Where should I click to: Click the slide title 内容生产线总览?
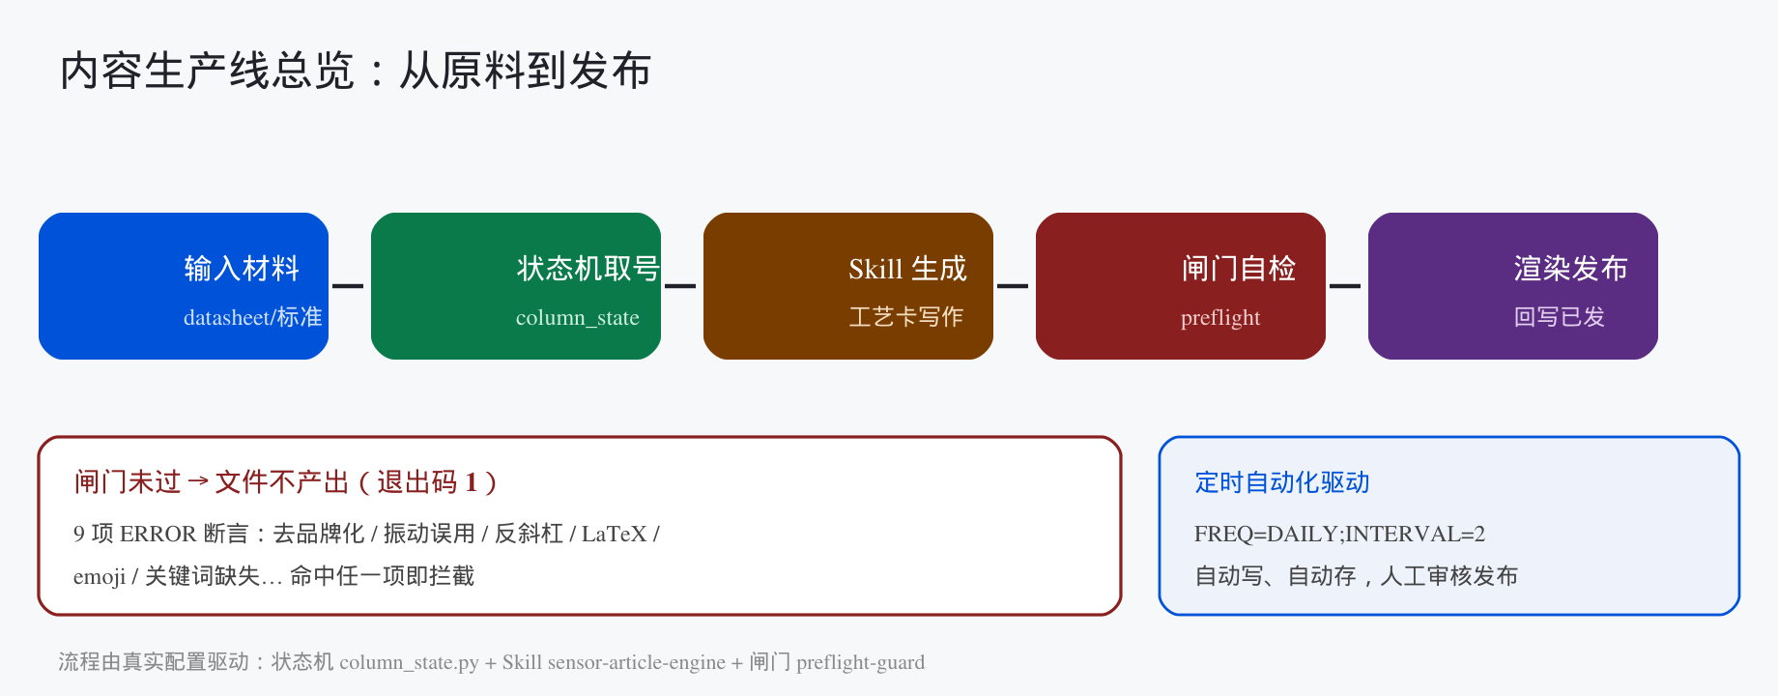pyautogui.click(x=207, y=71)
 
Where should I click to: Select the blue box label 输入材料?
pyautogui.click(x=242, y=268)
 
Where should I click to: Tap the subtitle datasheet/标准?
pyautogui.click(x=253, y=317)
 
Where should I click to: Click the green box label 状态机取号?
pyautogui.click(x=588, y=268)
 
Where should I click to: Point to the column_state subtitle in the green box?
pyautogui.click(x=578, y=317)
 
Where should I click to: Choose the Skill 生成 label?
pyautogui.click(x=907, y=268)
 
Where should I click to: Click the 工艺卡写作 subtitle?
pyautogui.click(x=906, y=317)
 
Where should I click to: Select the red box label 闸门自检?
pyautogui.click(x=1239, y=268)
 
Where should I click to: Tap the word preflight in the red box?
pyautogui.click(x=1220, y=317)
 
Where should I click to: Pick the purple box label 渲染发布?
pyautogui.click(x=1571, y=268)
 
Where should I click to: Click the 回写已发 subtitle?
pyautogui.click(x=1560, y=317)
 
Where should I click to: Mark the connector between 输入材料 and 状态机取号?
pyautogui.click(x=348, y=286)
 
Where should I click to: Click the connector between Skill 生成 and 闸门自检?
pyautogui.click(x=1013, y=286)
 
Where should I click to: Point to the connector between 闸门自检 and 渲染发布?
pyautogui.click(x=1345, y=286)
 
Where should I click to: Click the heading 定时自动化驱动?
pyautogui.click(x=1282, y=482)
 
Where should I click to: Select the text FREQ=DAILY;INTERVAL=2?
pyautogui.click(x=1339, y=534)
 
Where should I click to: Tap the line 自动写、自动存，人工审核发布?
pyautogui.click(x=1357, y=576)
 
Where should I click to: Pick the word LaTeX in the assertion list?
pyautogui.click(x=615, y=534)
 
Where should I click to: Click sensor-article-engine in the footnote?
pyautogui.click(x=637, y=662)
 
